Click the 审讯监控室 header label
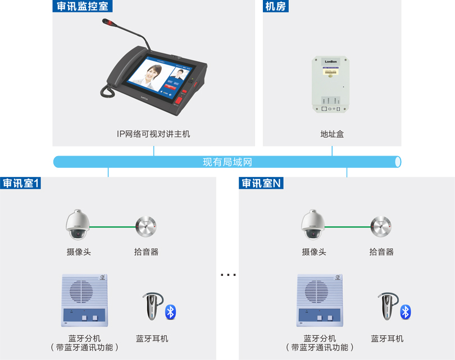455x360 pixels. coord(83,6)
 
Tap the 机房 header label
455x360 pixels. coord(276,6)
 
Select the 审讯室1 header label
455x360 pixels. coord(20,183)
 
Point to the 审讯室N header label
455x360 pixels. coord(261,183)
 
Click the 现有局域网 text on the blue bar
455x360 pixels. coord(227,162)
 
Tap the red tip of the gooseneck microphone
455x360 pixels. coord(107,21)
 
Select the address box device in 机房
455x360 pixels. coord(330,84)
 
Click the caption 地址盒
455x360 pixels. coord(332,134)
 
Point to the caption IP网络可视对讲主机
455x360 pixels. coord(153,134)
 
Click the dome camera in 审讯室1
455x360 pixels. coord(78,225)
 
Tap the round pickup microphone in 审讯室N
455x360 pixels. coord(381,226)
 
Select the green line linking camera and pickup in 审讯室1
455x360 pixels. coord(112,227)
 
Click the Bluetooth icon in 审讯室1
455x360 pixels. coord(171,312)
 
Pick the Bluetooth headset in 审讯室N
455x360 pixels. coord(388,306)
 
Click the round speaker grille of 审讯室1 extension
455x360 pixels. coord(81,291)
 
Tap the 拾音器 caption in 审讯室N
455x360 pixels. coord(381,252)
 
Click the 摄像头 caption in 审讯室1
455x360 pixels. coord(79,252)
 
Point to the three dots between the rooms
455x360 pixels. coord(228,275)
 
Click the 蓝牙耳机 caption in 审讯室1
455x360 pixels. coord(152,339)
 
